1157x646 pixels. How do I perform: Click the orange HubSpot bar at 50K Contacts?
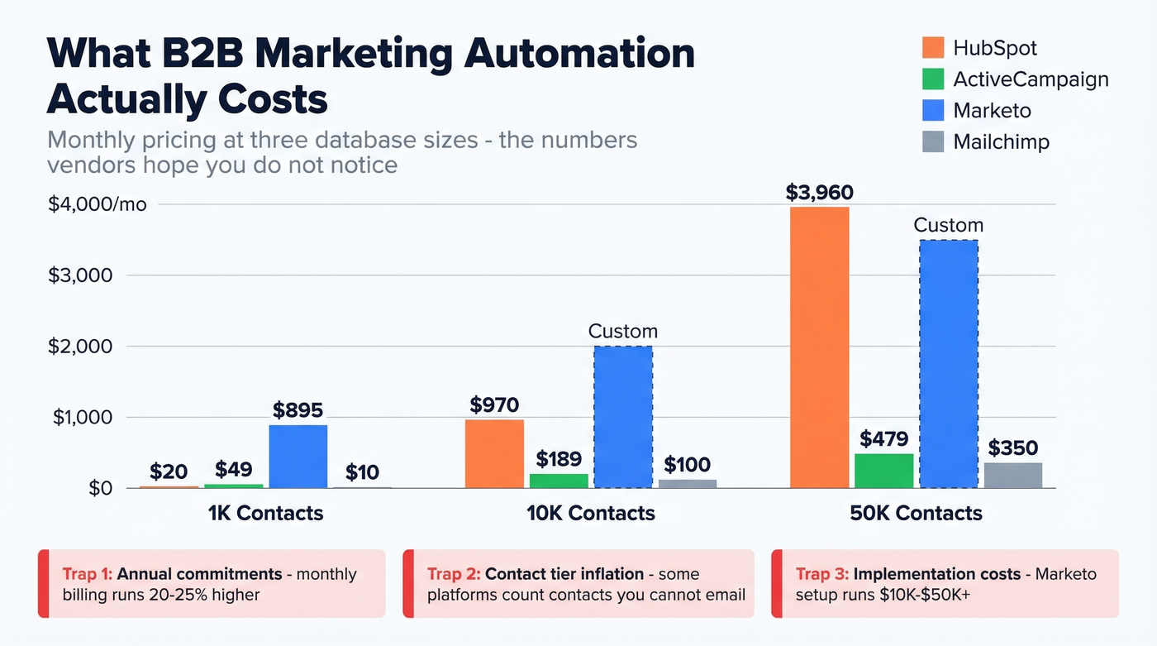click(819, 347)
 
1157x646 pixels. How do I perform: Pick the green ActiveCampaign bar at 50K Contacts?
click(883, 471)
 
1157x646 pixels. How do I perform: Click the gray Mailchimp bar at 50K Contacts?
click(1012, 476)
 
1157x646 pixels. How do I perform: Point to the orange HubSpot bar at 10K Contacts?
click(494, 454)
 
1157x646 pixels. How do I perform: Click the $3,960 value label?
click(819, 193)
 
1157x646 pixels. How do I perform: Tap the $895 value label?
click(298, 410)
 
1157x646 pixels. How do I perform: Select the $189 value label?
click(559, 459)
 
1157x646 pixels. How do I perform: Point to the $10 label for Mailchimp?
click(362, 472)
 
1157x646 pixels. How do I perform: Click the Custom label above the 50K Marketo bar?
click(948, 225)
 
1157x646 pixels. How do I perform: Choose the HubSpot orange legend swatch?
click(932, 48)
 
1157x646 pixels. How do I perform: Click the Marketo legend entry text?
click(992, 110)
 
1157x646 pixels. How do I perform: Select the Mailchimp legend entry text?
click(1001, 141)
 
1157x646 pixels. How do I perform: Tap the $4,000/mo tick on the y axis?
click(98, 204)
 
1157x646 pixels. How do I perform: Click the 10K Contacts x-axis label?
click(590, 513)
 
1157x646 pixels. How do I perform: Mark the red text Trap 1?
click(88, 574)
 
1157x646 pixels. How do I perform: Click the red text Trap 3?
click(821, 574)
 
